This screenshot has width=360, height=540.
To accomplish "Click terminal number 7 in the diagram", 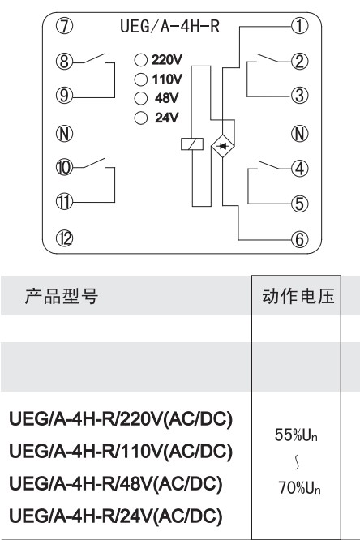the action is (64, 26).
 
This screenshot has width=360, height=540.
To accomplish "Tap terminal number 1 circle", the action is (300, 26).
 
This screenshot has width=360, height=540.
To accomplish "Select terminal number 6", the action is (300, 239).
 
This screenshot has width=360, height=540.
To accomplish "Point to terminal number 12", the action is (64, 238).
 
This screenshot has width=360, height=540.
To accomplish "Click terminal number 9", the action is (64, 95).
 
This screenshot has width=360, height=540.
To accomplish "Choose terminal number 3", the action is (300, 96).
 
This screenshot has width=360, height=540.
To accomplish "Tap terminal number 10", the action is (64, 168).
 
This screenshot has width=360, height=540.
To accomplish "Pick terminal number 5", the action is (300, 204).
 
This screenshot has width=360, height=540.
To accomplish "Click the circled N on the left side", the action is (64, 133).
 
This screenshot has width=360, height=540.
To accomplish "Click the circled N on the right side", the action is (300, 134).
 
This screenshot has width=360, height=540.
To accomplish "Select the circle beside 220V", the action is (140, 60).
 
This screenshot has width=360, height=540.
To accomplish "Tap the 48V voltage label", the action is (166, 98).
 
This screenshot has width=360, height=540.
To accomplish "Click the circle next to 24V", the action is (140, 118).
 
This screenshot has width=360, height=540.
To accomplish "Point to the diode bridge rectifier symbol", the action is (222, 146).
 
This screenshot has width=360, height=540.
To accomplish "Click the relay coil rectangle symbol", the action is (192, 144).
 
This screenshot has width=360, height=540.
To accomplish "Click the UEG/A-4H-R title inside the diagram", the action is (169, 26).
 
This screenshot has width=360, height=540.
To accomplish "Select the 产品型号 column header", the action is (62, 296).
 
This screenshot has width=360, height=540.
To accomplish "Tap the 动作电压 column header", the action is (298, 296).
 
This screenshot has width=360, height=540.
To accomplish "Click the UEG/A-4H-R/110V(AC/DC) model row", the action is (121, 451).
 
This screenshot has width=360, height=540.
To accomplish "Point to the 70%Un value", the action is (299, 488).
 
